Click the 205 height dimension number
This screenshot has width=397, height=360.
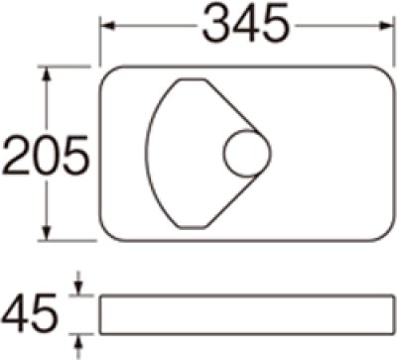46,155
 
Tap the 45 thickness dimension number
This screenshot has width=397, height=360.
31,314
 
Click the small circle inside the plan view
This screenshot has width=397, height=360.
247,153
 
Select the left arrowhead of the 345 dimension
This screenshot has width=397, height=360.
107,27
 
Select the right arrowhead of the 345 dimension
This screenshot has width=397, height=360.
385,27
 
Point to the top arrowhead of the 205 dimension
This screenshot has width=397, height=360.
47,73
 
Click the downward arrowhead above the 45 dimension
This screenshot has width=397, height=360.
78,289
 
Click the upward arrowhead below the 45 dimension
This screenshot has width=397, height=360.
78,340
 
